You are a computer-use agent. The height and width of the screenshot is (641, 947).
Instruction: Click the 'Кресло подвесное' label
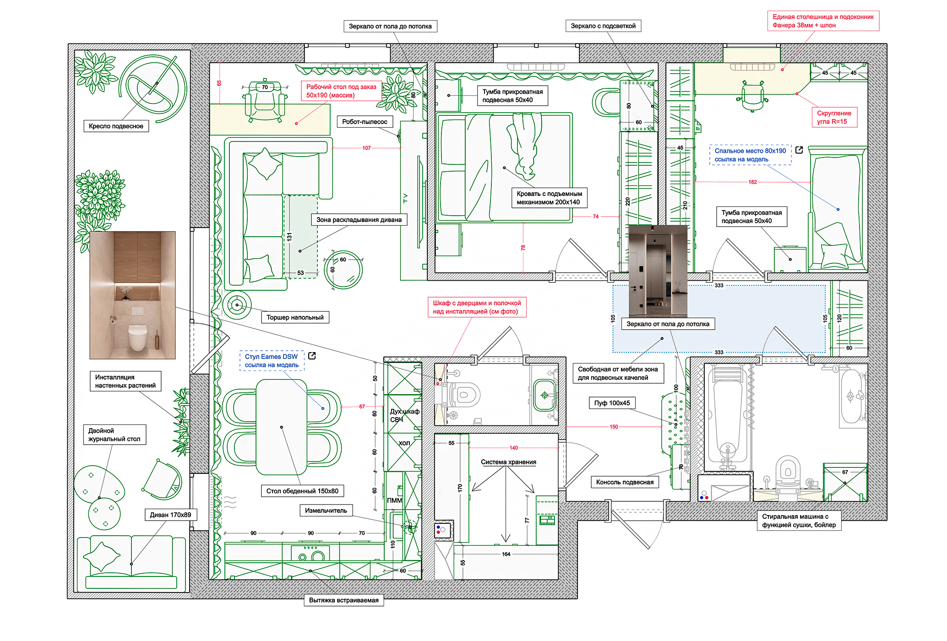tap(116, 126)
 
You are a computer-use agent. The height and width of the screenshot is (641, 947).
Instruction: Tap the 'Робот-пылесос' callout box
tap(365, 122)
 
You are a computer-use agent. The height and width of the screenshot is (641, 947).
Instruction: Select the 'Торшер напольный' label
tap(295, 317)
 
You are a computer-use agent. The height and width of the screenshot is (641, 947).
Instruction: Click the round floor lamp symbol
tap(237, 304)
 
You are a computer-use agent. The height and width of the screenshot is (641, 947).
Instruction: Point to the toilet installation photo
tap(132, 295)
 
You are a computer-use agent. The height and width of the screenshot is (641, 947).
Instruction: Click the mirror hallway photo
tap(658, 271)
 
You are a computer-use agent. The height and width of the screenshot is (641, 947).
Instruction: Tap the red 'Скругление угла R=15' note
tap(834, 117)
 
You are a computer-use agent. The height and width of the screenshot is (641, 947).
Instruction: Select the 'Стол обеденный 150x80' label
tap(302, 491)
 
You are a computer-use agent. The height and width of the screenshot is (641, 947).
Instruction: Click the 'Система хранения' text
tap(508, 462)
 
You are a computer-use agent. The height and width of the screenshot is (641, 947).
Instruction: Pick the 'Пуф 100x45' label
tap(612, 403)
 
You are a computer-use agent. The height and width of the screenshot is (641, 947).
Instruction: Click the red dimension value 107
tap(366, 148)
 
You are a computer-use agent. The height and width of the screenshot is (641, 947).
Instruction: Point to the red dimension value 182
tap(752, 182)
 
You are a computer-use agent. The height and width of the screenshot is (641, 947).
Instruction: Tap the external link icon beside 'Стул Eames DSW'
tap(312, 356)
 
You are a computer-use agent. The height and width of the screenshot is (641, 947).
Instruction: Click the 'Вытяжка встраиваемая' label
tap(343, 600)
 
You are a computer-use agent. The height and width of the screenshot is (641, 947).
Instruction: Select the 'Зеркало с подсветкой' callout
tap(603, 26)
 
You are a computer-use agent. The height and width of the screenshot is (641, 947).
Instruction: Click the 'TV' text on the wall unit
tap(405, 198)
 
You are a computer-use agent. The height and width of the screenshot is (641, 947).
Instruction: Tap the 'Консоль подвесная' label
tap(625, 482)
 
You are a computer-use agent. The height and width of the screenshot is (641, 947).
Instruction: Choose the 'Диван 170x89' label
tap(170, 515)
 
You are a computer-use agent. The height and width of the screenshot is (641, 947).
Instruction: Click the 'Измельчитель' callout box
tap(326, 511)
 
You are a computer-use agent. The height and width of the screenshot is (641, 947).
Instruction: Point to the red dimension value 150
tap(614, 427)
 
